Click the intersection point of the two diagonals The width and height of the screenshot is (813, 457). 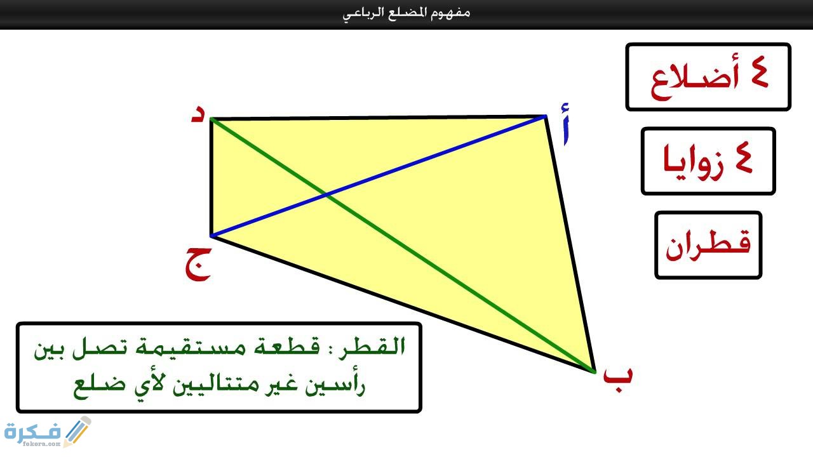[x=326, y=195]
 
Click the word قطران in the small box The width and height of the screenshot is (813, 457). [x=708, y=244]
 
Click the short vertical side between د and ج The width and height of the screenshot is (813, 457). [x=211, y=178]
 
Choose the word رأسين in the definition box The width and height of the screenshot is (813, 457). [x=339, y=385]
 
